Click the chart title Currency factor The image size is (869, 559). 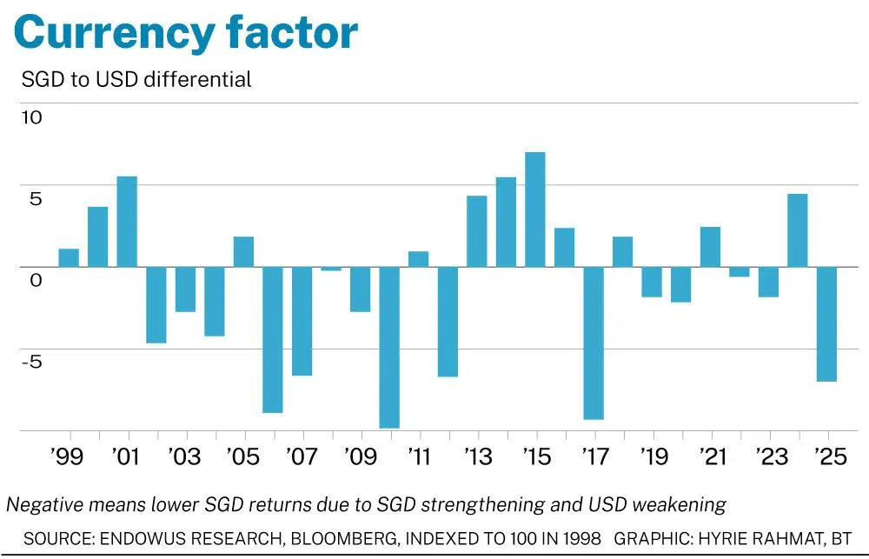click(x=185, y=33)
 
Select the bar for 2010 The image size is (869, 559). click(x=389, y=347)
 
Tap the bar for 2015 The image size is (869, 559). click(x=535, y=210)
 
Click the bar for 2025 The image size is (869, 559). click(x=826, y=323)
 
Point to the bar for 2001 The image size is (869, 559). click(x=127, y=222)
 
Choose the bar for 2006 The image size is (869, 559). click(x=273, y=339)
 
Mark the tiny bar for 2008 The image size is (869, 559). click(x=331, y=269)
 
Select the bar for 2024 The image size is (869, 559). click(x=797, y=230)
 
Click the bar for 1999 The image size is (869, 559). click(x=69, y=258)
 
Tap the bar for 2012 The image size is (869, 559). click(x=448, y=322)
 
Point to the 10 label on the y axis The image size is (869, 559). click(x=31, y=116)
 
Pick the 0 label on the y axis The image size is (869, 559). click(x=36, y=280)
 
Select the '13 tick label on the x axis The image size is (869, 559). click(x=478, y=456)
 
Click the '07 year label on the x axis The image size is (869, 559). click(x=302, y=456)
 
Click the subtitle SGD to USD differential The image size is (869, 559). click(x=136, y=79)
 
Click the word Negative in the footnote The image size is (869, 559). click(x=43, y=504)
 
